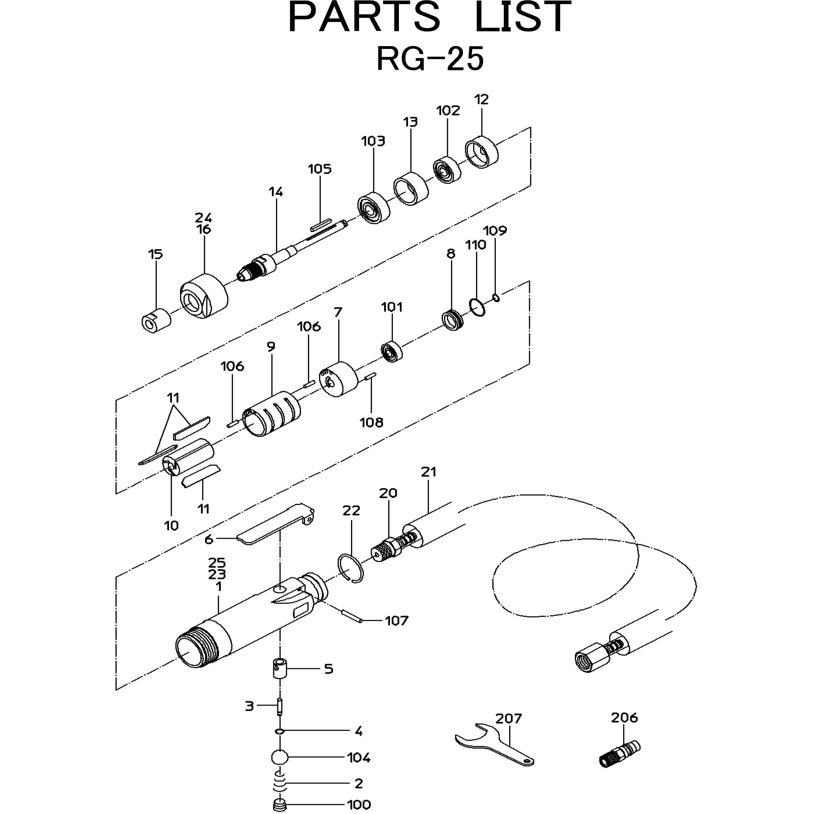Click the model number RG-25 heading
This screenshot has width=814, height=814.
coord(430,59)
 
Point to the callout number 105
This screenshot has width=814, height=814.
coord(319,169)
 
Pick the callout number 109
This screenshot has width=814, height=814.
coord(495,231)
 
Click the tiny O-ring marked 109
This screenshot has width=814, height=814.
coord(496,298)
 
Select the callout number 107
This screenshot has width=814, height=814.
coord(396,621)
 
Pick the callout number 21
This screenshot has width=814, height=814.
coord(428,472)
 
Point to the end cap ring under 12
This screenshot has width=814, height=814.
coord(481,152)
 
